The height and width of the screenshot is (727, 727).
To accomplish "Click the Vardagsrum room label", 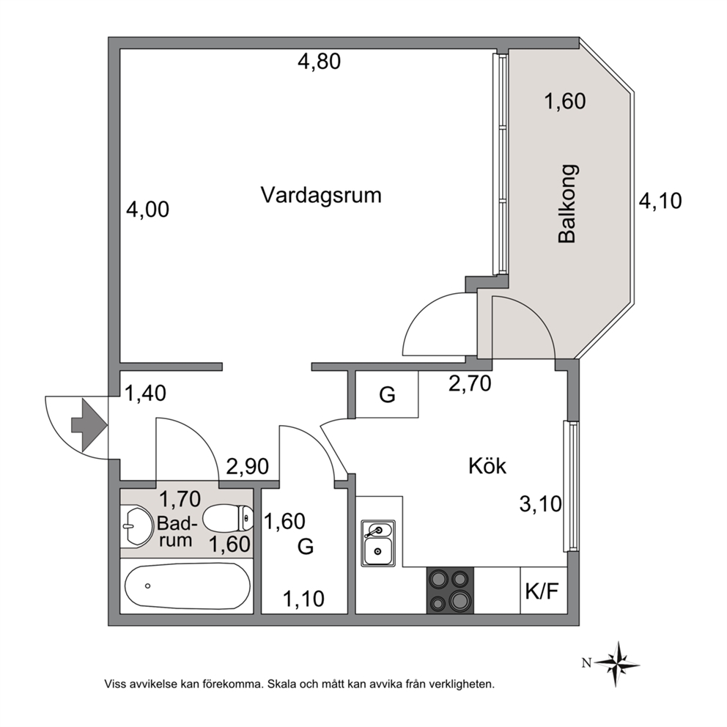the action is pos(321,195).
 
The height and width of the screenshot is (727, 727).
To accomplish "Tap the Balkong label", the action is pos(567,204).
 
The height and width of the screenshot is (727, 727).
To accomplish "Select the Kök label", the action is pos(487,465).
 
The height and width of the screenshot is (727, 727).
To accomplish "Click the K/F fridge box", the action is pos(543,590).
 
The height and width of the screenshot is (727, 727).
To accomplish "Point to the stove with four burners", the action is pos(450,590).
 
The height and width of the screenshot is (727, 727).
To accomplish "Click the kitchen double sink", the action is pos(378,543).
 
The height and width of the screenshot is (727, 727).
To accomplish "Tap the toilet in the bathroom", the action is pos(228,518).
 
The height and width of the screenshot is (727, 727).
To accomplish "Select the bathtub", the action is pos(188,586).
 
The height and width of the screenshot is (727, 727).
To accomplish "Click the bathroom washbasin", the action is pos(137,525).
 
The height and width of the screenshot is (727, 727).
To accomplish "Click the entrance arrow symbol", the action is pos(89,425).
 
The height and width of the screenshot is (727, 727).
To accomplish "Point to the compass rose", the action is pos(617,663).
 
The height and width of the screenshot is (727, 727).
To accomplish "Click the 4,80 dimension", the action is pos(319,62).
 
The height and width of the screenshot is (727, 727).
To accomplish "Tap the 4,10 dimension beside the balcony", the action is pos(660,201).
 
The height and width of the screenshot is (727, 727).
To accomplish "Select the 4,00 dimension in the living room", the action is pos(148,209).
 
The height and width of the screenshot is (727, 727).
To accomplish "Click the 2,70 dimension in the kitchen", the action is pos(470,383).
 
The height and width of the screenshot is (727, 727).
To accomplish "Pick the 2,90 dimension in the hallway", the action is pos(248,466).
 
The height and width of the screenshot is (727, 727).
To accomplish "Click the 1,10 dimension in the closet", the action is pos(303,599).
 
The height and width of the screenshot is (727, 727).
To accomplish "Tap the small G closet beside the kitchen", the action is pos(387,394).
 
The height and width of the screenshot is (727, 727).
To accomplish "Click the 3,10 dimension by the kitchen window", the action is pos(541,504).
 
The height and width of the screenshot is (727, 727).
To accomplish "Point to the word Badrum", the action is pos(177,532).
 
